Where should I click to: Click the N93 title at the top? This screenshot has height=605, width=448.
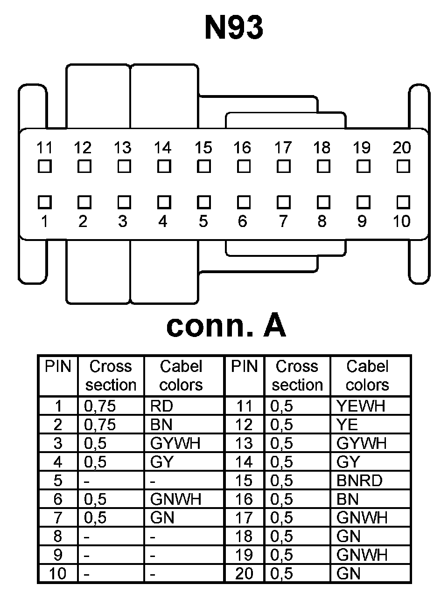[234, 27]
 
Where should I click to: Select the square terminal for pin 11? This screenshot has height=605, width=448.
[44, 166]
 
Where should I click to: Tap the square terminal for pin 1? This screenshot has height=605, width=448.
[44, 202]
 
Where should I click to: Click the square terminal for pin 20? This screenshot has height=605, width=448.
[403, 166]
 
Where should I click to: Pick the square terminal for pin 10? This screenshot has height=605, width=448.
[403, 202]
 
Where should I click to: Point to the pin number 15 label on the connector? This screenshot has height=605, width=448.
[203, 148]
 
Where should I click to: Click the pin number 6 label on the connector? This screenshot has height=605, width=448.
[242, 221]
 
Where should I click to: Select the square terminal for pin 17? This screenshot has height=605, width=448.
[283, 166]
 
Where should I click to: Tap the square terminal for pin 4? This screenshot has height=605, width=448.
[163, 202]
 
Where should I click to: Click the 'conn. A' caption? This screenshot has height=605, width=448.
[226, 326]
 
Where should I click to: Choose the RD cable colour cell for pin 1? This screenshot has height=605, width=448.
[162, 406]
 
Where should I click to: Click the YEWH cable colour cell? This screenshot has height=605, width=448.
[361, 406]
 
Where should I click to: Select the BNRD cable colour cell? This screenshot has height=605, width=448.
[359, 481]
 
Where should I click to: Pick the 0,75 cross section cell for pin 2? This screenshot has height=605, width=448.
[100, 425]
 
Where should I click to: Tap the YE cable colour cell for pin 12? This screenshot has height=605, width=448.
[347, 425]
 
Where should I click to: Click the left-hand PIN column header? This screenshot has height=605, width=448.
[58, 367]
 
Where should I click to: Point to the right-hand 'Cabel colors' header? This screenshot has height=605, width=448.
[367, 376]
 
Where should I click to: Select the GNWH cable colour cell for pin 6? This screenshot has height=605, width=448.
[175, 499]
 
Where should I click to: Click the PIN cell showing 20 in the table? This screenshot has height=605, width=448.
[244, 573]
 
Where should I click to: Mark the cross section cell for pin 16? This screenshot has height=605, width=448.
[282, 499]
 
